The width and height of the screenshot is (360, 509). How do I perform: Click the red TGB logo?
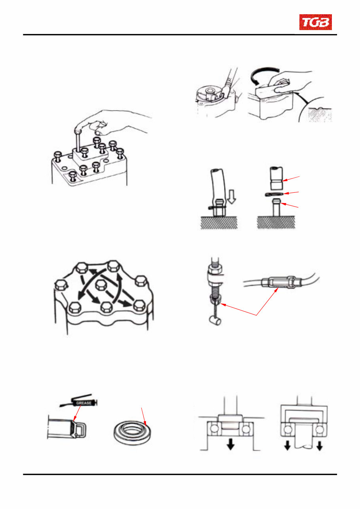(x=315, y=22)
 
